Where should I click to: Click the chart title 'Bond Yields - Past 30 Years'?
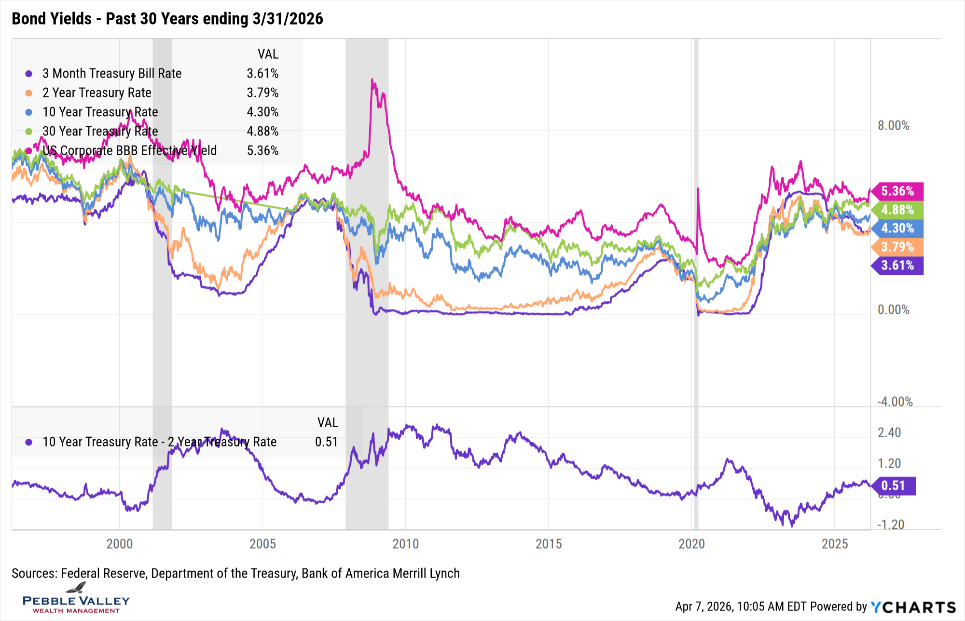tap(167, 19)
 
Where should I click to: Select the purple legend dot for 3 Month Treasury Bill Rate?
tap(29, 74)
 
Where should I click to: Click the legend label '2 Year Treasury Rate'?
tap(96, 93)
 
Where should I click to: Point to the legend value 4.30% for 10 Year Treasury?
tap(262, 112)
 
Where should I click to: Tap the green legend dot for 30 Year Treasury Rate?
tap(29, 132)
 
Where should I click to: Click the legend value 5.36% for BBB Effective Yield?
tap(262, 150)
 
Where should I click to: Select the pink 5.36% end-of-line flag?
tap(898, 191)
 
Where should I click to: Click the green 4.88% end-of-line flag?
tap(898, 210)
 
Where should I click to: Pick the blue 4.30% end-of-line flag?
tap(898, 228)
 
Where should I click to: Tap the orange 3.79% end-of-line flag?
tap(898, 247)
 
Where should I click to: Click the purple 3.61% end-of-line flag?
tap(898, 265)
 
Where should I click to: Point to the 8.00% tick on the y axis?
tap(893, 126)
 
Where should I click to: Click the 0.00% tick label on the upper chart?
tap(893, 310)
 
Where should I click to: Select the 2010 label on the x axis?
tap(405, 544)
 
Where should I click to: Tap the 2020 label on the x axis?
tap(691, 544)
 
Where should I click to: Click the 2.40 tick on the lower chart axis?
tap(889, 432)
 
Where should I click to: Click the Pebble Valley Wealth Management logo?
tap(76, 598)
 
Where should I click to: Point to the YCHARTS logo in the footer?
tap(913, 607)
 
